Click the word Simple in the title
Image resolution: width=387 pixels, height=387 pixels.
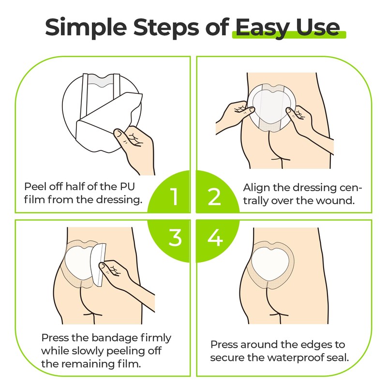click(86, 28)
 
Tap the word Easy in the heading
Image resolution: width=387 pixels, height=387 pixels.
click(263, 28)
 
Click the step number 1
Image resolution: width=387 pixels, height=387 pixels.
click(174, 197)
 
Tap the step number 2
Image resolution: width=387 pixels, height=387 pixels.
click(214, 197)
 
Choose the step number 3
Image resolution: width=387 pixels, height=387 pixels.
click(175, 238)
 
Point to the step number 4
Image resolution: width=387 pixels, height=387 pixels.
click(215, 238)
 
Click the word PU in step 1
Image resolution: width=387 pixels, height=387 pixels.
click(127, 187)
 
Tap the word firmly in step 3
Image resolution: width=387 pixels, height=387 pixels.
click(156, 338)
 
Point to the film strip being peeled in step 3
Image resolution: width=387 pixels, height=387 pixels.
click(98, 264)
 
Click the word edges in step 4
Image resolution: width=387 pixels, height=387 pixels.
click(306, 345)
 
